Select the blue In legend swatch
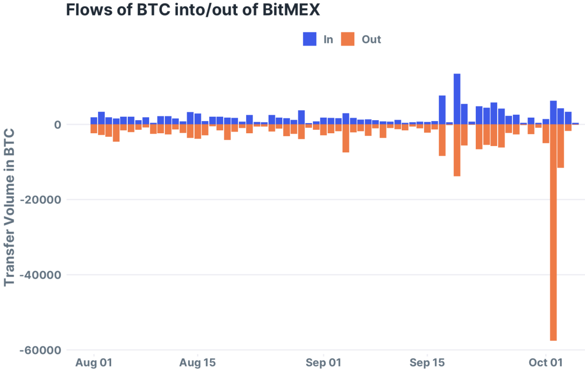pyautogui.click(x=310, y=39)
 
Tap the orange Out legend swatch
pyautogui.click(x=348, y=39)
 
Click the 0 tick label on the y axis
pyautogui.click(x=58, y=124)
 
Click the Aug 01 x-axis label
pyautogui.click(x=94, y=363)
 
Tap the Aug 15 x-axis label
pyautogui.click(x=197, y=363)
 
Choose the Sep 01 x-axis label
pyautogui.click(x=324, y=363)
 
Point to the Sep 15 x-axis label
pyautogui.click(x=428, y=363)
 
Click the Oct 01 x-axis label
pyautogui.click(x=546, y=363)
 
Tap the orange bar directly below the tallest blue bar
pyautogui.click(x=457, y=150)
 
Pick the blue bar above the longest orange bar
pyautogui.click(x=553, y=113)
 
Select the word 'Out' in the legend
pyautogui.click(x=371, y=40)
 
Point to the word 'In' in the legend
pyautogui.click(x=328, y=40)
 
